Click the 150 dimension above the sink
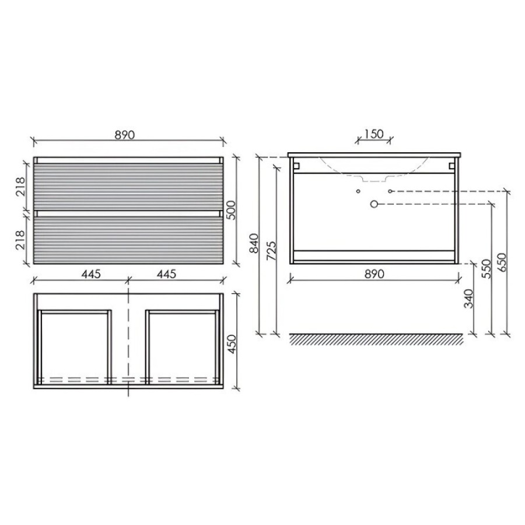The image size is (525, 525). pos(374,134)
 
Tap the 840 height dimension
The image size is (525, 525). pos(254,243)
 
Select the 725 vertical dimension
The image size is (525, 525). pos(271,251)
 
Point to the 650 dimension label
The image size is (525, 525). pos(502,262)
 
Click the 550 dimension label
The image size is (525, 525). pos(486,269)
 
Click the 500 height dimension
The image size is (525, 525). pos(232,210)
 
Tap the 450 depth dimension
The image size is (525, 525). pos(232,344)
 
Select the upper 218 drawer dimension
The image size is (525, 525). pos(20,186)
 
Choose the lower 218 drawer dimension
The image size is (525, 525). pos(20,240)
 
